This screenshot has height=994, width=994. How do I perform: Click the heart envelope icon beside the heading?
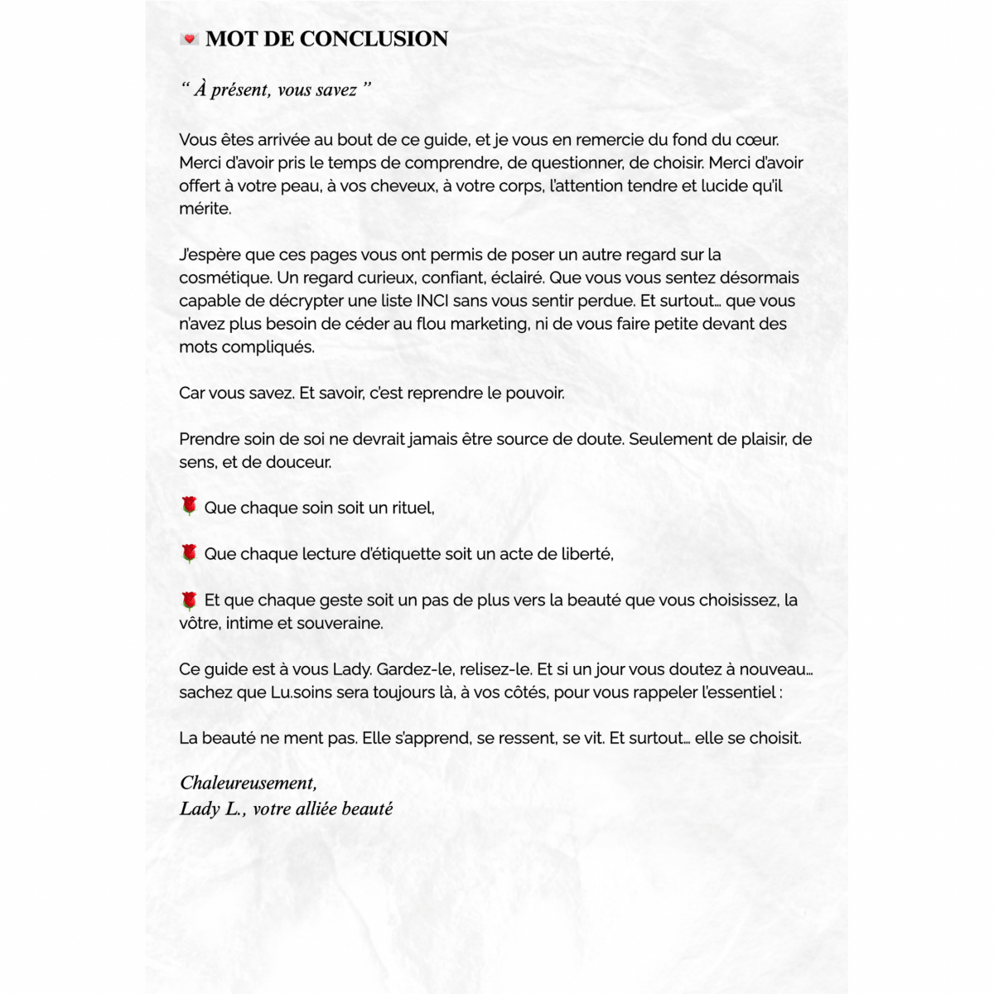tap(189, 39)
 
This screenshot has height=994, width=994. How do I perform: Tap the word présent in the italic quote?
tap(240, 89)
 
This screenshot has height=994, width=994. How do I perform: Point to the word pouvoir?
tap(535, 393)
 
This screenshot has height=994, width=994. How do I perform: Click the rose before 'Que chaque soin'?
tap(189, 506)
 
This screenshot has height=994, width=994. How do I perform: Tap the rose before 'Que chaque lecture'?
tap(189, 552)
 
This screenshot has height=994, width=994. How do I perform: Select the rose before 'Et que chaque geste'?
tap(189, 600)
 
